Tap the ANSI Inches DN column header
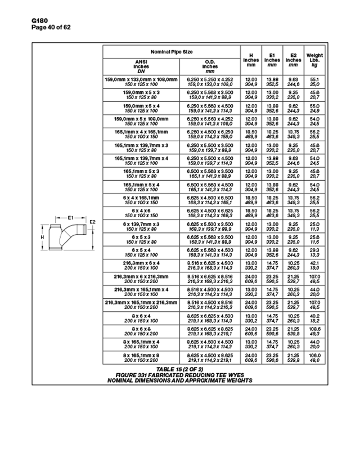tap(141, 66)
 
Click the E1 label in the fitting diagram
tap(71, 217)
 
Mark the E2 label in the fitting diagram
tap(93, 222)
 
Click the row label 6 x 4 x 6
tap(142, 210)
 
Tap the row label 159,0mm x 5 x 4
tap(142, 105)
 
